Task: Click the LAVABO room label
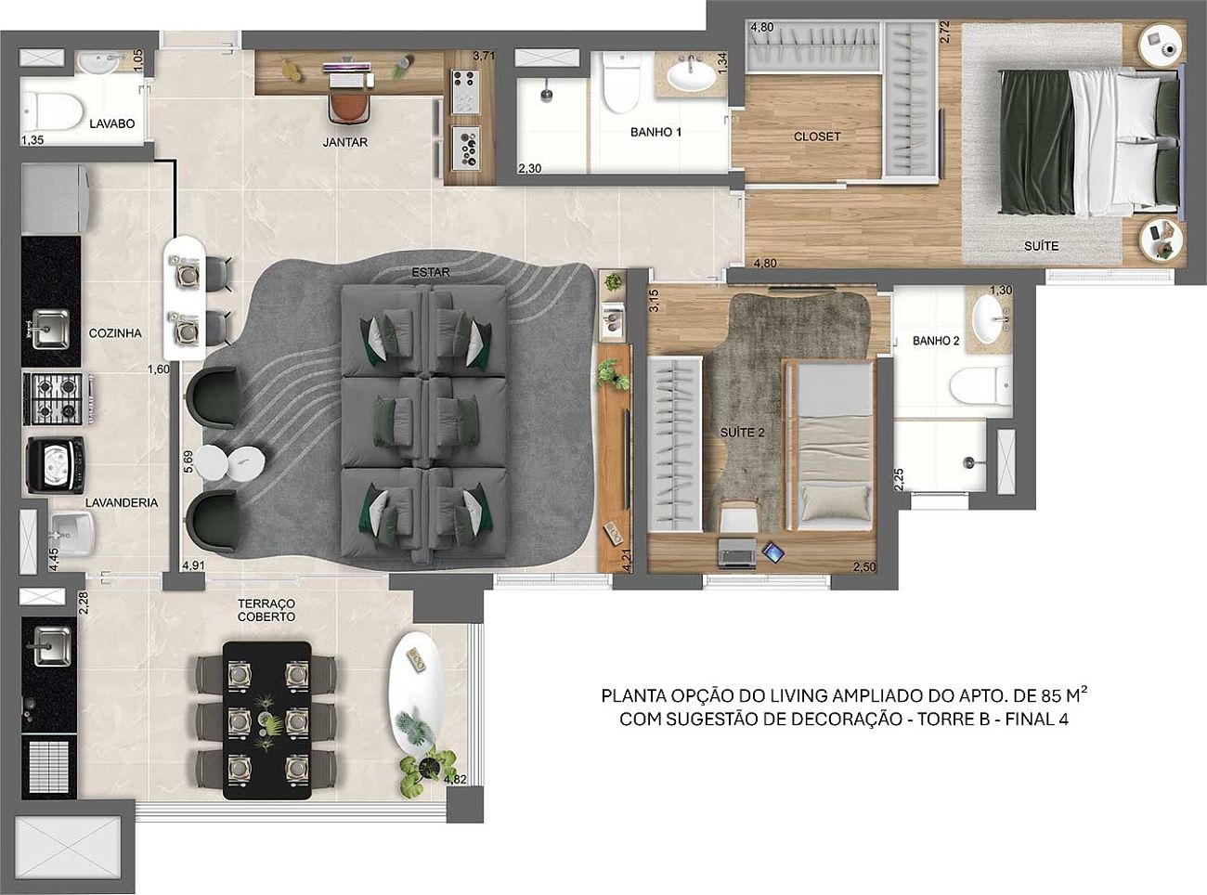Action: [x=112, y=123]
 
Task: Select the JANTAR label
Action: [x=345, y=142]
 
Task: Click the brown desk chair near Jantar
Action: [x=349, y=108]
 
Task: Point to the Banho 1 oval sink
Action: [x=692, y=76]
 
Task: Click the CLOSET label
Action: [x=817, y=136]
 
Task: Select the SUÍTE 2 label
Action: [x=742, y=433]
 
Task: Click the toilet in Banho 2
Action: [x=980, y=385]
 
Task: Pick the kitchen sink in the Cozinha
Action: [x=51, y=329]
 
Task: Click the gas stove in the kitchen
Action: [x=55, y=398]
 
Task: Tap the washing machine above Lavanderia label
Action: [x=55, y=464]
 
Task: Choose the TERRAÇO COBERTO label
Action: [x=266, y=610]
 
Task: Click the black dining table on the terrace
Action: [x=267, y=720]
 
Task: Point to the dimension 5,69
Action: [x=188, y=461]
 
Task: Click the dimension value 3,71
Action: [x=484, y=56]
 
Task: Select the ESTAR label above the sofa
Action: [x=431, y=272]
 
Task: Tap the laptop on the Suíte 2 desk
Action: [x=736, y=554]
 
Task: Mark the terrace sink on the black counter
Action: [x=52, y=646]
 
